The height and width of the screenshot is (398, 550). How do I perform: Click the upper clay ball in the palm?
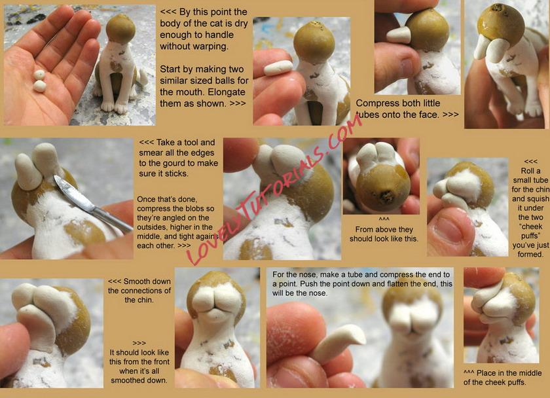pos(39,75)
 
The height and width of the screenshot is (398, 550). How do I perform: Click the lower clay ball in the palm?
pos(40,86)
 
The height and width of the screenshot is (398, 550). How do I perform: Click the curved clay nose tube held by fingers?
pos(337,343)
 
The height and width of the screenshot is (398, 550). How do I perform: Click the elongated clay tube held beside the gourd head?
pos(278,67)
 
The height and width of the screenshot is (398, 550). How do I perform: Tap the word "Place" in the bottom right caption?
pos(487,373)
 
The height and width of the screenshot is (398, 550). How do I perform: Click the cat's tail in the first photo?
pos(143,77)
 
